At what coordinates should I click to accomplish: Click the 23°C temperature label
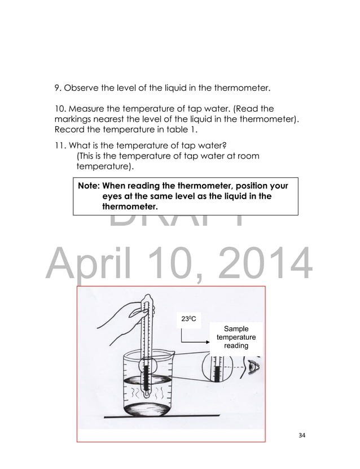[188, 319]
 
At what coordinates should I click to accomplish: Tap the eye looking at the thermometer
[253, 369]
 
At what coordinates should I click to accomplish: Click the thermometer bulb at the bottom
[147, 394]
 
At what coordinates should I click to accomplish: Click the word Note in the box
[89, 186]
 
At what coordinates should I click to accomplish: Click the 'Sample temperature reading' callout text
[236, 337]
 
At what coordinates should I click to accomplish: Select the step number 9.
[57, 88]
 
